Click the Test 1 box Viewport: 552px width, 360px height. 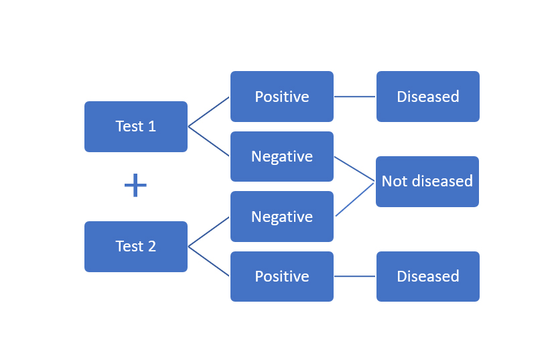coord(136,127)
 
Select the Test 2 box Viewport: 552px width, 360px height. coord(136,247)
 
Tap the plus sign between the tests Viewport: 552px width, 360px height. coord(135,186)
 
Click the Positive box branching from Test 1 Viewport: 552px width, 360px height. coord(282,97)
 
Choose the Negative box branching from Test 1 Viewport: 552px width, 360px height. coord(282,156)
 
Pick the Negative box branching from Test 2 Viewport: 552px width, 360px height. coord(282,217)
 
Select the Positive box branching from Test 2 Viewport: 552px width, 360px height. coord(282,276)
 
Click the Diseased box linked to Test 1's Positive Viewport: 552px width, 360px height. coord(428,97)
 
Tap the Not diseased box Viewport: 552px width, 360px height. coord(427,181)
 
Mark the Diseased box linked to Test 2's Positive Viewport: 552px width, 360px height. coord(428,276)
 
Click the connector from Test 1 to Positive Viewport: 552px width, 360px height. coord(209,111)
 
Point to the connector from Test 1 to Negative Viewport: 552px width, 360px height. coord(209,141)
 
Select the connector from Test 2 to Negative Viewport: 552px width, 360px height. coord(209,232)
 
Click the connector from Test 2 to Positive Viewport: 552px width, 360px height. coord(209,261)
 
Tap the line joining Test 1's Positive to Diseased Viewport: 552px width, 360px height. coord(355,97)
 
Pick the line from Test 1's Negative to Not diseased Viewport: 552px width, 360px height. coord(354,169)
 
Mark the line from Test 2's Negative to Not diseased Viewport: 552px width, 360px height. coord(354,199)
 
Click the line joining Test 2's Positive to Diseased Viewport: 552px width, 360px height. coord(355,276)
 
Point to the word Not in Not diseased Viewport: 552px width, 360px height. coord(395,181)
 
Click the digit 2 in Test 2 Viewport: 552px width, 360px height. coord(151,247)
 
